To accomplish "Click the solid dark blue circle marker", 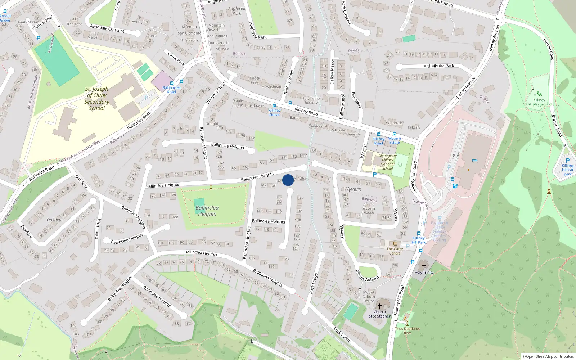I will click(288, 180).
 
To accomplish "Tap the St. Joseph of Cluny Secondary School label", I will click(97, 98).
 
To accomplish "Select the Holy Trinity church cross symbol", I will click(424, 266).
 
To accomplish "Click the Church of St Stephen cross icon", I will click(379, 306).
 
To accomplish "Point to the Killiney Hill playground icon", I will click(539, 94).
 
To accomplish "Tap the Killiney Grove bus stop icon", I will click(274, 105).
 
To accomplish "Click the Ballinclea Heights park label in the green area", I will click(207, 211).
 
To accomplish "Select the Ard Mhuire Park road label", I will click(438, 66).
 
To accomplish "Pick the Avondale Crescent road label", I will click(107, 29).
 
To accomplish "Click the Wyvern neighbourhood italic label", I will click(352, 189).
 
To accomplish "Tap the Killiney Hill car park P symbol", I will click(568, 161).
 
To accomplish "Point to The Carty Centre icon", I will click(395, 244).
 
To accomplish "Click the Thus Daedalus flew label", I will click(407, 330).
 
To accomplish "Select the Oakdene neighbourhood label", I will click(55, 220).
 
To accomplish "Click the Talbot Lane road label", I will click(98, 229).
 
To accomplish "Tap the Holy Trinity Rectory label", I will click(311, 100).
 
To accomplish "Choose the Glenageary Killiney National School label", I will click(387, 162).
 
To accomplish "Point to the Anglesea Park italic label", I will click(237, 11).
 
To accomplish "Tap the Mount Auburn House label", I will click(369, 297).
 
